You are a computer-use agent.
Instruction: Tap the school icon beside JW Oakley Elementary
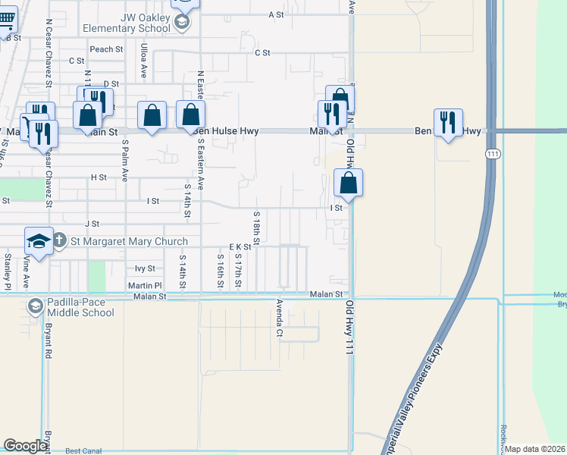[182, 21]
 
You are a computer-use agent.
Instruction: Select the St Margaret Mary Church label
[129, 242]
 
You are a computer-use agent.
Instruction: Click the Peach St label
[106, 49]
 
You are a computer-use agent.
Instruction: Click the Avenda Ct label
[279, 318]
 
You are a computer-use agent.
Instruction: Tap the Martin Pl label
[145, 286]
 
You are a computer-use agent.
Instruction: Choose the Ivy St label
[145, 268]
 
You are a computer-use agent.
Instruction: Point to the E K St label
[240, 247]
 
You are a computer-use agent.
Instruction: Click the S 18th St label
[257, 228]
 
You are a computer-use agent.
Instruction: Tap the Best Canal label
[83, 451]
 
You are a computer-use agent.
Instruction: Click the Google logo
[25, 446]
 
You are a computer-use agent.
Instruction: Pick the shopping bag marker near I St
[348, 183]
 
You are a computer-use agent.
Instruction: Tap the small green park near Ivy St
[96, 276]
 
